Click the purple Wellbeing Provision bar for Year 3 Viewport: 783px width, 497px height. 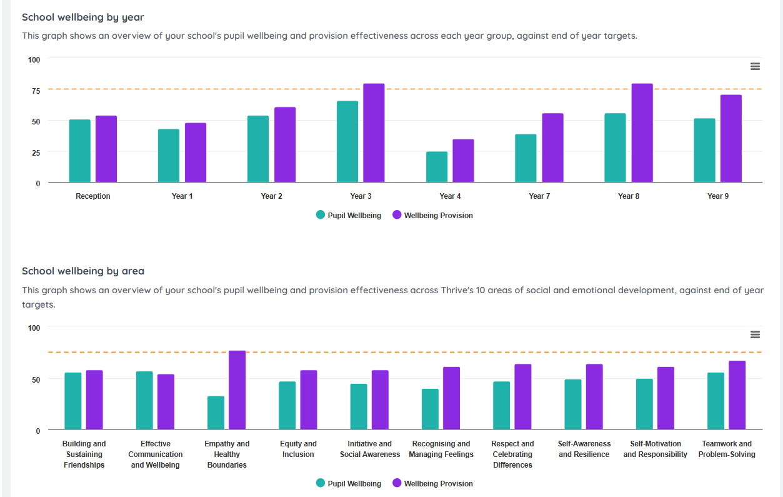pos(374,133)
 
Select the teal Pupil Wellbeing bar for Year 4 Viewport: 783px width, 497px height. pos(437,167)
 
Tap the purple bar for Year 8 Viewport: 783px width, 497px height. pos(642,133)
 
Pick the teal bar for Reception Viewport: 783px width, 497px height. pos(79,151)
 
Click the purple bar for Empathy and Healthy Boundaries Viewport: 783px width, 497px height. pos(237,390)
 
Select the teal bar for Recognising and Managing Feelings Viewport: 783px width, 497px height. pos(430,409)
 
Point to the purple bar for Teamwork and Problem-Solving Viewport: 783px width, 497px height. pos(737,395)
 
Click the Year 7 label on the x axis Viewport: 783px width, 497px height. pos(539,196)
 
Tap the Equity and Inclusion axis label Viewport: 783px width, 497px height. pos(298,449)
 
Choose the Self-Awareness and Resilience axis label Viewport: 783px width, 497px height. pos(584,449)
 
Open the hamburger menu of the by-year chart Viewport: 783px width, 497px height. pos(755,66)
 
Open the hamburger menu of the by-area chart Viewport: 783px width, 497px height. pos(755,334)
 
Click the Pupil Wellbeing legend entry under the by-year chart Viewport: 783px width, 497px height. pos(349,216)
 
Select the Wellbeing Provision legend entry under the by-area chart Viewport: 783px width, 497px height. pos(432,484)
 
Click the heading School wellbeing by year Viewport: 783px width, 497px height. pos(83,18)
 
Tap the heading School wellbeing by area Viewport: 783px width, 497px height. pos(83,271)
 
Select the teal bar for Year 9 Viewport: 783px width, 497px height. pos(704,150)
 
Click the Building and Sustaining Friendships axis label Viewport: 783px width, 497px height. pos(84,454)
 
